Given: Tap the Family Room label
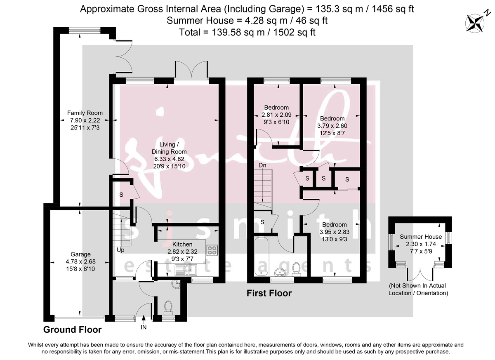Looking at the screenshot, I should (85, 113).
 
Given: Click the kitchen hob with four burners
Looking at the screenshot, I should (213, 250).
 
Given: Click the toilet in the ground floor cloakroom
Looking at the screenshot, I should (168, 307).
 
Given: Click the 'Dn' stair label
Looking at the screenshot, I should (262, 165).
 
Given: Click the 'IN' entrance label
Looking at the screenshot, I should (144, 327).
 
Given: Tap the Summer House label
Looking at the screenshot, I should (421, 237).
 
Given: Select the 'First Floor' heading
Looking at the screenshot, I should (269, 294).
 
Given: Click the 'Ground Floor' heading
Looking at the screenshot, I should (73, 329).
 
